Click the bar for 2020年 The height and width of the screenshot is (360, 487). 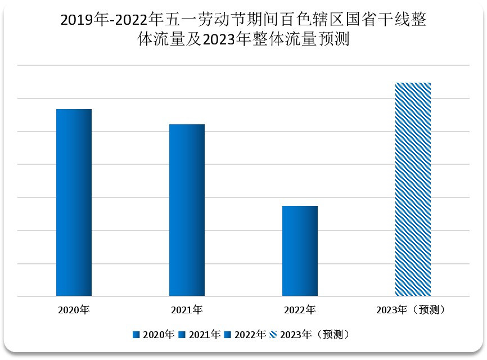point(74,202)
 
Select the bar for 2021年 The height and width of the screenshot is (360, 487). point(187,210)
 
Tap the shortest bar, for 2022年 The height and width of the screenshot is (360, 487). point(300,251)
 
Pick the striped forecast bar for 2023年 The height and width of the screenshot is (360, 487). point(413,190)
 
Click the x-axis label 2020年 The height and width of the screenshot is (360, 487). point(74,310)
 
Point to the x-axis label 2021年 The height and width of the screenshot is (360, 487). point(187,310)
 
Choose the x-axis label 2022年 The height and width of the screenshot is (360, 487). point(300,310)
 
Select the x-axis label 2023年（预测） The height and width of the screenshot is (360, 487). point(413,310)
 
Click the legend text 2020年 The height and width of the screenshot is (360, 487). point(159,335)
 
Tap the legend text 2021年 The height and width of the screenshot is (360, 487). point(205,335)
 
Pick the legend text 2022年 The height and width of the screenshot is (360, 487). point(250,335)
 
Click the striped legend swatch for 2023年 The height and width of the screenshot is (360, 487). point(274,335)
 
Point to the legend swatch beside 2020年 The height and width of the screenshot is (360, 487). point(137,335)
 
